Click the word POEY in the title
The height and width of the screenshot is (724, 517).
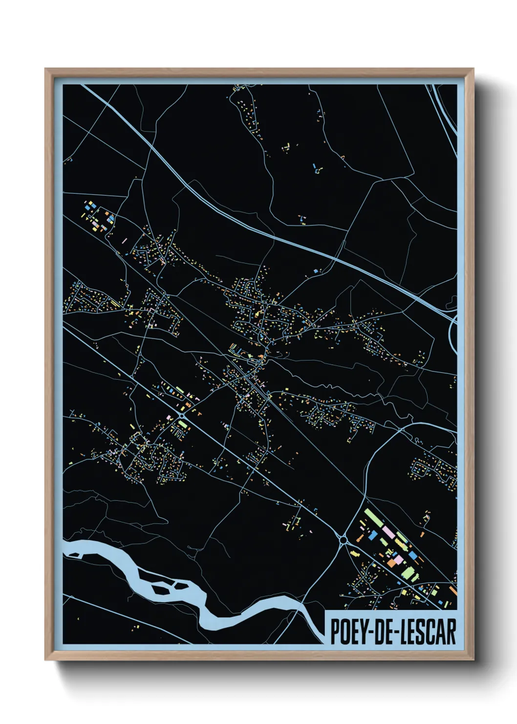(348, 632)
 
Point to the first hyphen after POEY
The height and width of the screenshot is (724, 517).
(369, 632)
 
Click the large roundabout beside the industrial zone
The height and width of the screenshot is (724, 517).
(344, 540)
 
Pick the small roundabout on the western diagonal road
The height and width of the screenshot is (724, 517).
(182, 415)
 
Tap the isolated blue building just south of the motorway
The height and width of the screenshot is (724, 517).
(316, 270)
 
